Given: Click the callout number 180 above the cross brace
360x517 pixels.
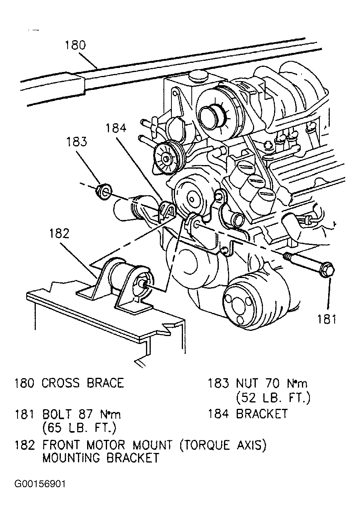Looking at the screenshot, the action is tap(75, 45).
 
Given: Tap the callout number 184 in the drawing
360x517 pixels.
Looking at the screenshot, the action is tap(116, 128).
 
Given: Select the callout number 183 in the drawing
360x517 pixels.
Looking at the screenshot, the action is tap(77, 142).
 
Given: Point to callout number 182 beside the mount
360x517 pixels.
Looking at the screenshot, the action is tap(59, 233).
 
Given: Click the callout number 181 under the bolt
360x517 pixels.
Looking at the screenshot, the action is tap(326, 319).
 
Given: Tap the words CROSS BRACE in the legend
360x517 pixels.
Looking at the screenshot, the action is tap(82, 383).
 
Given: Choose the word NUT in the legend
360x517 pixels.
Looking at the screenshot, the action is tap(247, 383).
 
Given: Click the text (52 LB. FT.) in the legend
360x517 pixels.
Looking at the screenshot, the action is tap(273, 398).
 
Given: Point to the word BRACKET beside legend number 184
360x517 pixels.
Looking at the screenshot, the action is tap(262, 414).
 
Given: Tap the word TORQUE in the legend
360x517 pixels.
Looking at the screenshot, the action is tap(204, 445).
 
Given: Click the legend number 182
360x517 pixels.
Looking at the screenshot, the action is tap(25, 445).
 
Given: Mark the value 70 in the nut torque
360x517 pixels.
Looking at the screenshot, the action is tap(272, 383).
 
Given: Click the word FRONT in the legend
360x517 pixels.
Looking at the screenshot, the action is tap(61, 445).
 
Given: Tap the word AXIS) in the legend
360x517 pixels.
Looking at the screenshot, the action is tap(251, 445).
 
